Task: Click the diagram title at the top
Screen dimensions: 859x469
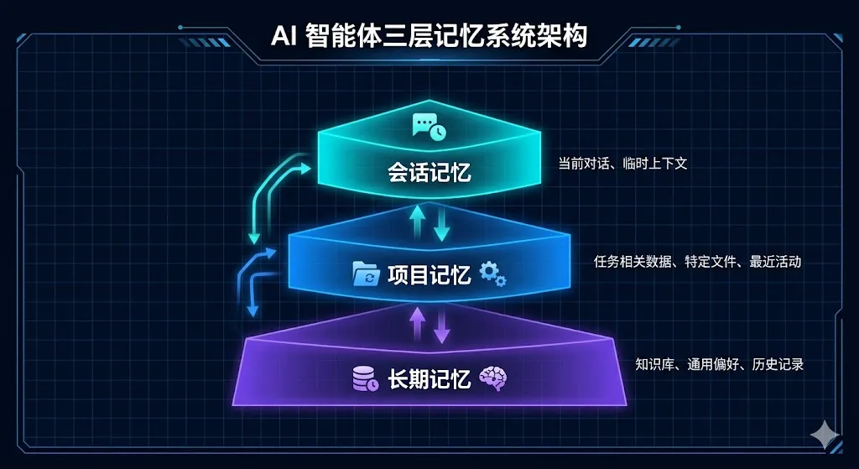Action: (x=429, y=36)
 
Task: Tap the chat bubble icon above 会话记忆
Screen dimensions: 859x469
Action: (x=429, y=127)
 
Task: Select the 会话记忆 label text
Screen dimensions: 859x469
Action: (x=429, y=174)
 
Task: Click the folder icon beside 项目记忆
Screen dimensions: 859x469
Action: (x=366, y=274)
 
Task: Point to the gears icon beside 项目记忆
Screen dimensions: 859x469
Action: (x=492, y=273)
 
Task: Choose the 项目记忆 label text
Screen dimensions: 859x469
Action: (x=429, y=274)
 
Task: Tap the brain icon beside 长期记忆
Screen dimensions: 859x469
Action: (x=492, y=378)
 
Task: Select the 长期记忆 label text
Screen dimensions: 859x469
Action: (x=429, y=380)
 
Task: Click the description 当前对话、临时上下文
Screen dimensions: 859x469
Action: (x=622, y=164)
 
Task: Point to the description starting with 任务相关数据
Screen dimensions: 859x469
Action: (x=697, y=262)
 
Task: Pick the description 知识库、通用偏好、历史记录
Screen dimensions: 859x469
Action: (x=719, y=364)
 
